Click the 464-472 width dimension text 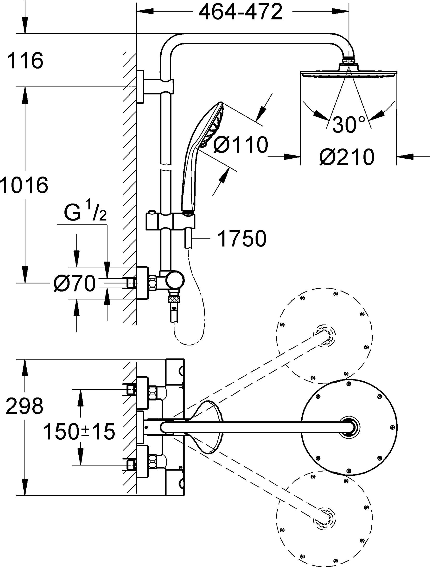(x=240, y=12)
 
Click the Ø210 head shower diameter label (x=347, y=157)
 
